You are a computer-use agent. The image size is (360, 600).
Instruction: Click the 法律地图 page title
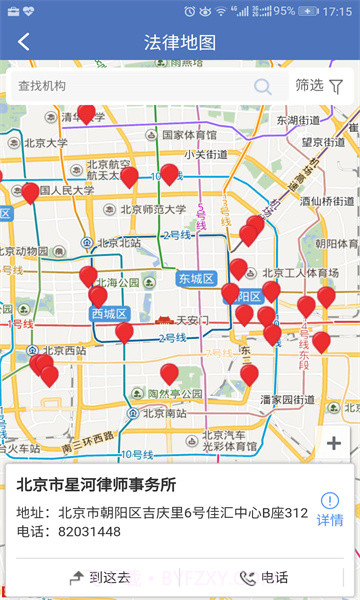tap(180, 42)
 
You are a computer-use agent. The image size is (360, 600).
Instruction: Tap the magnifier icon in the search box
tap(263, 86)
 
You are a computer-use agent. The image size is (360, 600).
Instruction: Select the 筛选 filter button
tap(319, 86)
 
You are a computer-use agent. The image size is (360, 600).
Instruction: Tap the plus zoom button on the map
tap(334, 443)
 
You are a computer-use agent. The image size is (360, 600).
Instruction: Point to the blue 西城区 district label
tap(110, 313)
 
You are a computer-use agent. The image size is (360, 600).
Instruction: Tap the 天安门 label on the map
tap(190, 321)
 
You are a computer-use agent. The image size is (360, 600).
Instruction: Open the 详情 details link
tap(330, 509)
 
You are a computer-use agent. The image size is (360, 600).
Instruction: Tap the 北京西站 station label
tap(64, 351)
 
